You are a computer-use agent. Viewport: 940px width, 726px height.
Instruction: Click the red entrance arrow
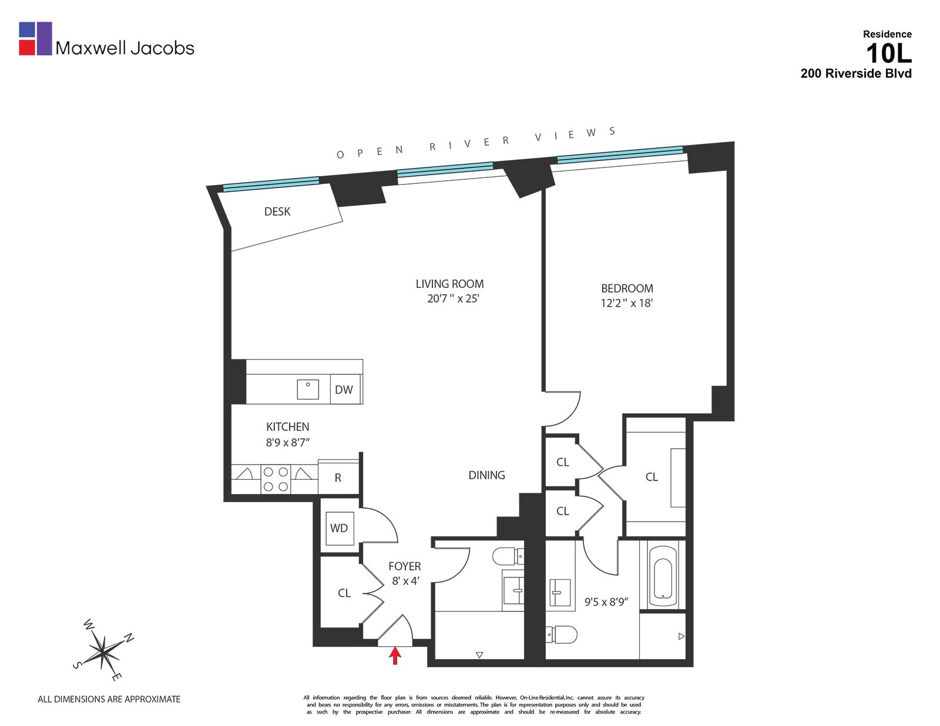click(x=395, y=656)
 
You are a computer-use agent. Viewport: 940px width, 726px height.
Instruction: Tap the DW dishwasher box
click(x=344, y=389)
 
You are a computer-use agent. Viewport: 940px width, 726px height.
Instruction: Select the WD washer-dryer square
click(x=339, y=528)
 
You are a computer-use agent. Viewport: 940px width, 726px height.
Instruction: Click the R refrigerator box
click(x=338, y=478)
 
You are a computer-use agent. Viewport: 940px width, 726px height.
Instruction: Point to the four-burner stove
click(x=276, y=479)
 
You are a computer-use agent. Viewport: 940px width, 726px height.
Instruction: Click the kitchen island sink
click(x=308, y=389)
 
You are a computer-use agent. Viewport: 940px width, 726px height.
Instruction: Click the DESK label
click(x=277, y=211)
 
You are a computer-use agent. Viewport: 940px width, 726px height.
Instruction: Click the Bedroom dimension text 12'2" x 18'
click(x=627, y=303)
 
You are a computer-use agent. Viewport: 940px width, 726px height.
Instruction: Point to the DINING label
click(x=486, y=475)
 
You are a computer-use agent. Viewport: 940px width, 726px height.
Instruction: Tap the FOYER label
click(x=404, y=566)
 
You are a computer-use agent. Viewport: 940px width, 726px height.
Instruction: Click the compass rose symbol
click(x=103, y=650)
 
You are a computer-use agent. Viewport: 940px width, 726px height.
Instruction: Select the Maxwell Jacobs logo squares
click(x=36, y=39)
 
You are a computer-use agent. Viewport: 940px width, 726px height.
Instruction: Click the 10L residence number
click(x=888, y=54)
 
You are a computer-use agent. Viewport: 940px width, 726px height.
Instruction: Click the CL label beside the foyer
click(x=344, y=593)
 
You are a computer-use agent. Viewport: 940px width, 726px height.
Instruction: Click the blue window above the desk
click(x=271, y=184)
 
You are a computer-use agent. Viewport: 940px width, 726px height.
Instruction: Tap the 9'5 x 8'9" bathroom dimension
click(x=606, y=602)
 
